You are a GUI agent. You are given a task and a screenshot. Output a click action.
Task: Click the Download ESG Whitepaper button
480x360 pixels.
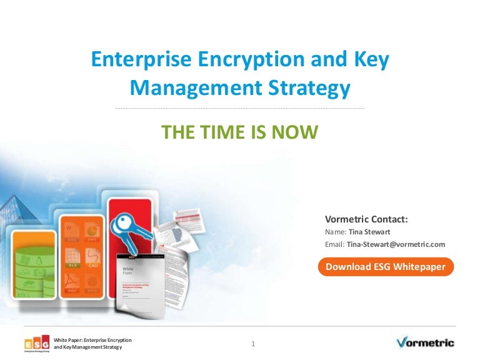(x=385, y=267)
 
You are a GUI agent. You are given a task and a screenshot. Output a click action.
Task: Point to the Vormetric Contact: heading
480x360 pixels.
(x=366, y=219)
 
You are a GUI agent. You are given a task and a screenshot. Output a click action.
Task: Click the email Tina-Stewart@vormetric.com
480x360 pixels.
(x=396, y=244)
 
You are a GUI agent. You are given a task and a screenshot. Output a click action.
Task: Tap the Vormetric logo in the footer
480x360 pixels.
(x=425, y=342)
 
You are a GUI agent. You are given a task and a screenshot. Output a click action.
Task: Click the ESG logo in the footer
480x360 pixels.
(x=37, y=344)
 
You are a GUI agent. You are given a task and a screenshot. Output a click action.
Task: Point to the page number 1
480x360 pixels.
(x=253, y=344)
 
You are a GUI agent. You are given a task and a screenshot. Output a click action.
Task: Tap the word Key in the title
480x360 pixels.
(x=372, y=60)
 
